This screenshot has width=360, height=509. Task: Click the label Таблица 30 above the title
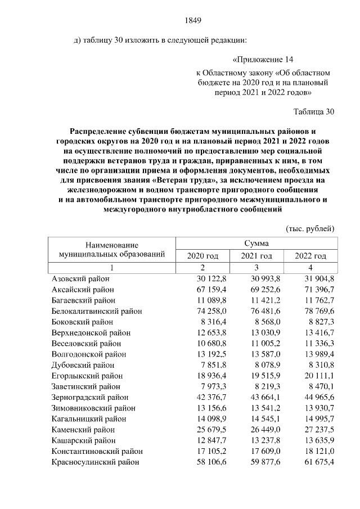pos(314,111)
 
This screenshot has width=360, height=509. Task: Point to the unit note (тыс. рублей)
pos(310,228)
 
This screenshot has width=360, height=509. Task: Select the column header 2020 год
pos(202,256)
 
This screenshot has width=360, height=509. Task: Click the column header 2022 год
pos(310,256)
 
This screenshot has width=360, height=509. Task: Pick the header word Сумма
pos(256,244)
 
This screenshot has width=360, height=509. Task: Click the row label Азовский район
pos(80,279)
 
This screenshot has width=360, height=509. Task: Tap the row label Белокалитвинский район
pos(96,311)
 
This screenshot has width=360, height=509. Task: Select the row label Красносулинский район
pos(95,462)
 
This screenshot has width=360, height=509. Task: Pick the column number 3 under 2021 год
pos(256,268)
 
